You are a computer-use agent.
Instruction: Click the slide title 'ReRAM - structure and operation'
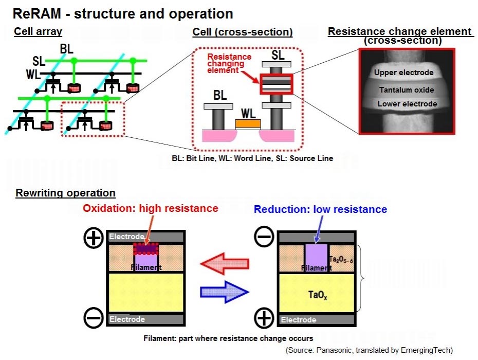pyautogui.click(x=123, y=13)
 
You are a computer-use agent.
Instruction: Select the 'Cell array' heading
pyautogui.click(x=38, y=32)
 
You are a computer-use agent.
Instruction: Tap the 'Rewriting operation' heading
pyautogui.click(x=65, y=193)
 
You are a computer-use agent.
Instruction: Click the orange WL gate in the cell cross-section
pyautogui.click(x=247, y=124)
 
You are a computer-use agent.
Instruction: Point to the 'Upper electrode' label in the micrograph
pyautogui.click(x=403, y=73)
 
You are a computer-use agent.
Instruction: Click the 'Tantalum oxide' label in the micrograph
pyautogui.click(x=406, y=90)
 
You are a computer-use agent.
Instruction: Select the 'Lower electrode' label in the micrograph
pyautogui.click(x=407, y=104)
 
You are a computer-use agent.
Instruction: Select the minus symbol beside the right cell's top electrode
pyautogui.click(x=264, y=238)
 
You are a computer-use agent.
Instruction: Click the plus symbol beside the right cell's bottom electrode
pyautogui.click(x=264, y=319)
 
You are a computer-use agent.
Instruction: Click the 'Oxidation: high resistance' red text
pyautogui.click(x=151, y=208)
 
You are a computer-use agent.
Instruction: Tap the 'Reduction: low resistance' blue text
pyautogui.click(x=320, y=209)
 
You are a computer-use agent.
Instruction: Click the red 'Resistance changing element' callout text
pyautogui.click(x=229, y=63)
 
